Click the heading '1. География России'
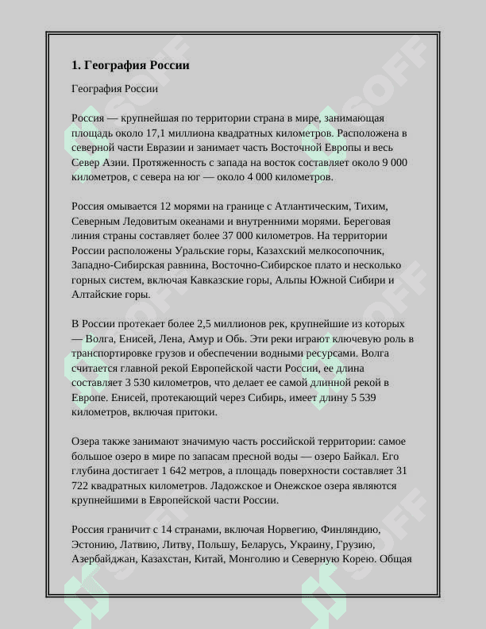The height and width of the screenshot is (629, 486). [x=130, y=65]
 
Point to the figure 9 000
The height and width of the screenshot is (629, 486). [x=393, y=162]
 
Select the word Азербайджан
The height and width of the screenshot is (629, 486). [x=103, y=559]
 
